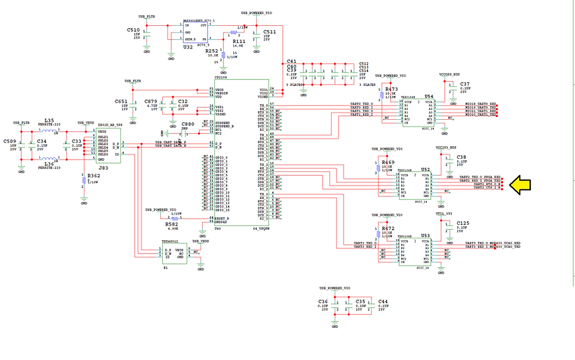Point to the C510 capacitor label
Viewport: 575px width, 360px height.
[x=133, y=29]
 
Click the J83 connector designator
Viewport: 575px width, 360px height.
[x=104, y=167]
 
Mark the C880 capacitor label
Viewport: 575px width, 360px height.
[x=187, y=124]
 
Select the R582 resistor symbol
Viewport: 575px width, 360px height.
[x=174, y=218]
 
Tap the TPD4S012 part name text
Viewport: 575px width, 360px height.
[x=169, y=242]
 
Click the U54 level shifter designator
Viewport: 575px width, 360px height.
[x=428, y=96]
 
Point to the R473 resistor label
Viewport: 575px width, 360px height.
[x=391, y=89]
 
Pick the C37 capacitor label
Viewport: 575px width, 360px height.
[x=464, y=84]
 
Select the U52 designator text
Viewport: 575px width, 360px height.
[x=425, y=169]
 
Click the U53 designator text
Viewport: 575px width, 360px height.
[x=425, y=235]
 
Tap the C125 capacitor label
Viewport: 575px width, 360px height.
[x=463, y=223]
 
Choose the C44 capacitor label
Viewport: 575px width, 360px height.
[x=383, y=302]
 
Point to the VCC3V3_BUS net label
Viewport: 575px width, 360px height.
[x=446, y=147]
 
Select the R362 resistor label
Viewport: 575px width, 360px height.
[x=93, y=176]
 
